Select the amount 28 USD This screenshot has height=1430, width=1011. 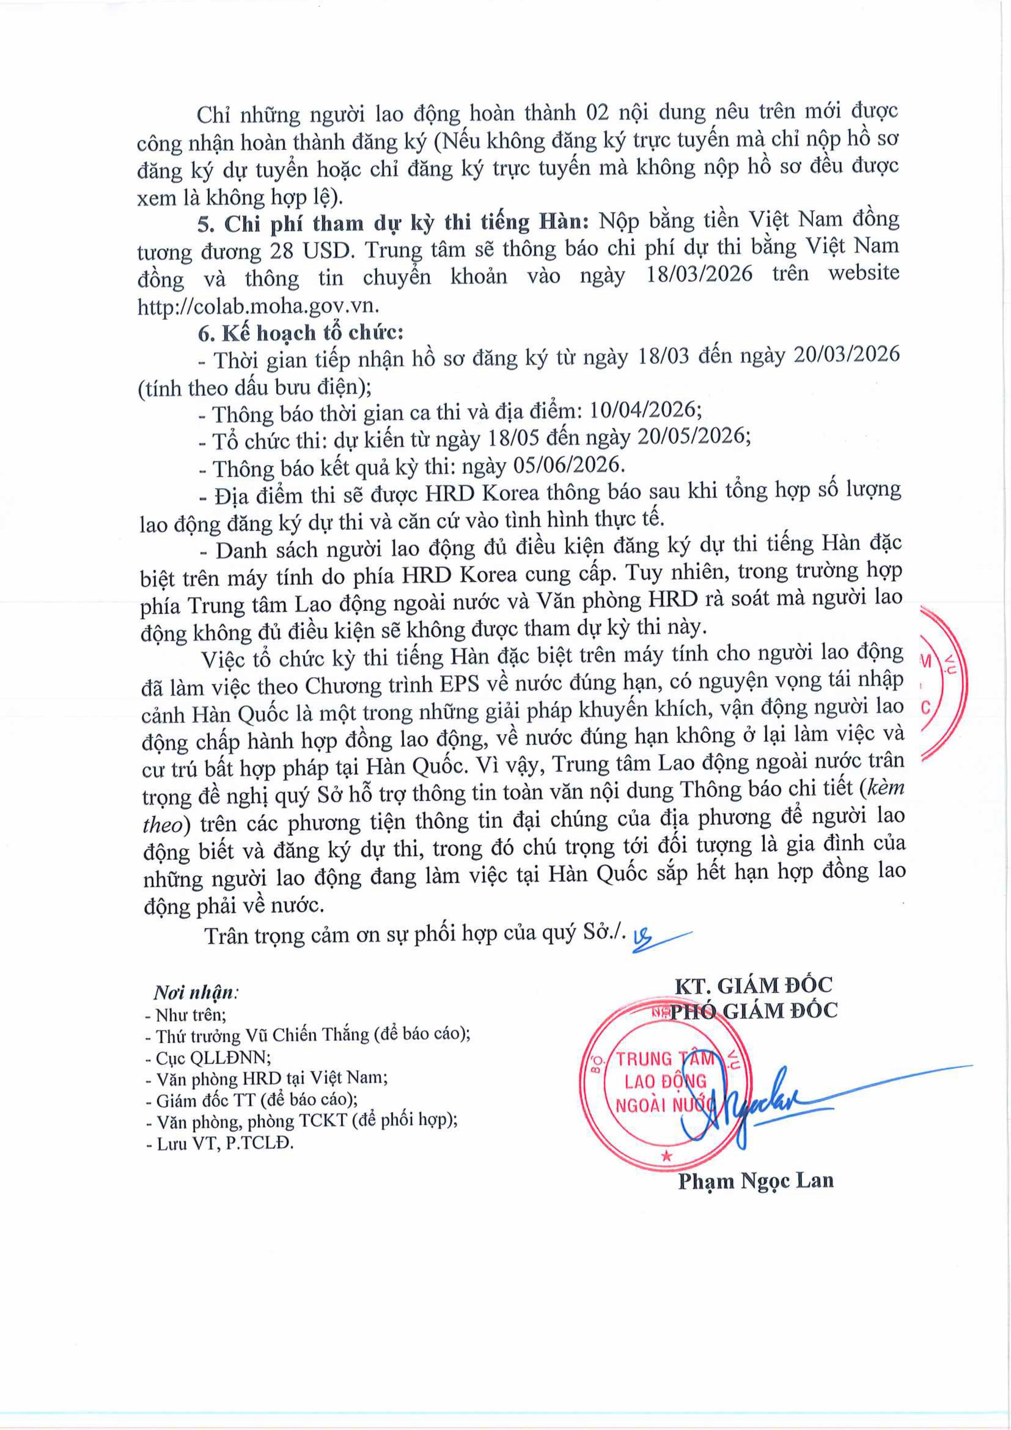(311, 250)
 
